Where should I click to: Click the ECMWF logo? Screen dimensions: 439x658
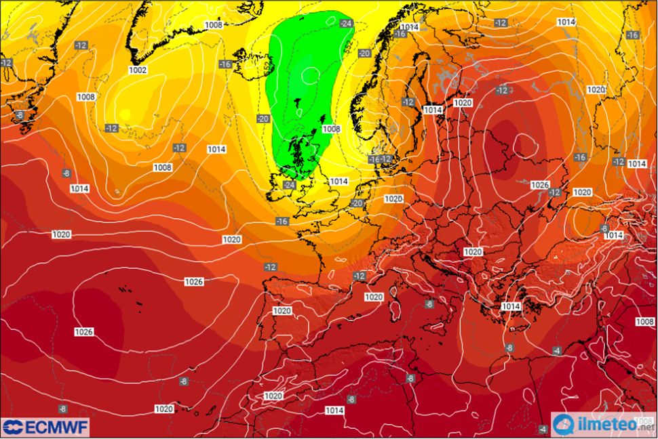click(45, 427)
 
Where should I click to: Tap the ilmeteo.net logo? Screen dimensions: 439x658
click(604, 425)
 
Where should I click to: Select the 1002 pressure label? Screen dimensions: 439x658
click(138, 70)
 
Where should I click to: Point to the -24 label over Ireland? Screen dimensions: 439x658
click(289, 184)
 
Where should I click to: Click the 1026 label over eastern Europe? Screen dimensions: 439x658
click(540, 184)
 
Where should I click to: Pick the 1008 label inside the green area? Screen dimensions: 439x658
click(331, 129)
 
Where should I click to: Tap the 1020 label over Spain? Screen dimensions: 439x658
click(282, 311)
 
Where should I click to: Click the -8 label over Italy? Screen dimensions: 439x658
click(429, 304)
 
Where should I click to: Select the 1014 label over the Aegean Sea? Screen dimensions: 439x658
click(511, 306)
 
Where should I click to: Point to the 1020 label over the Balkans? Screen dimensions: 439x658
click(473, 251)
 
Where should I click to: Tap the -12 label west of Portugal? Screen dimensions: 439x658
click(271, 267)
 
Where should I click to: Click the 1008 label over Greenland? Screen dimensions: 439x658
click(214, 25)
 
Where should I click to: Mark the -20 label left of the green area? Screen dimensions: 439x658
click(263, 119)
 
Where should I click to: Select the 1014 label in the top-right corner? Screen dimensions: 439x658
click(566, 22)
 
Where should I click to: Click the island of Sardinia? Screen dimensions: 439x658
click(393, 312)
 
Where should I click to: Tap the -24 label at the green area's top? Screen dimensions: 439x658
click(347, 24)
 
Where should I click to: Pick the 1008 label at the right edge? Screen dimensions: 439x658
click(644, 321)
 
